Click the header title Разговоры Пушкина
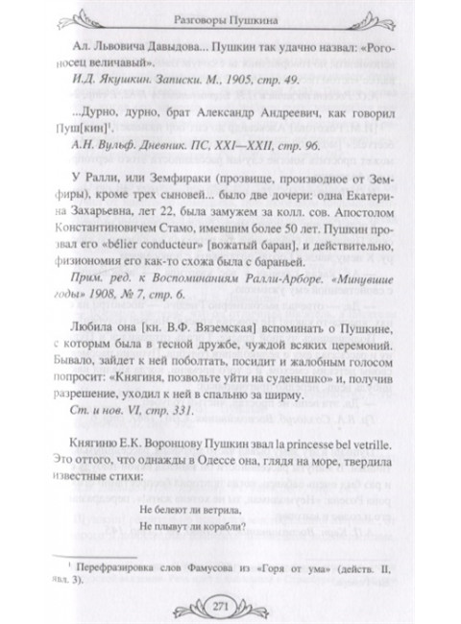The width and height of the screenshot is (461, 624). [x=230, y=16]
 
